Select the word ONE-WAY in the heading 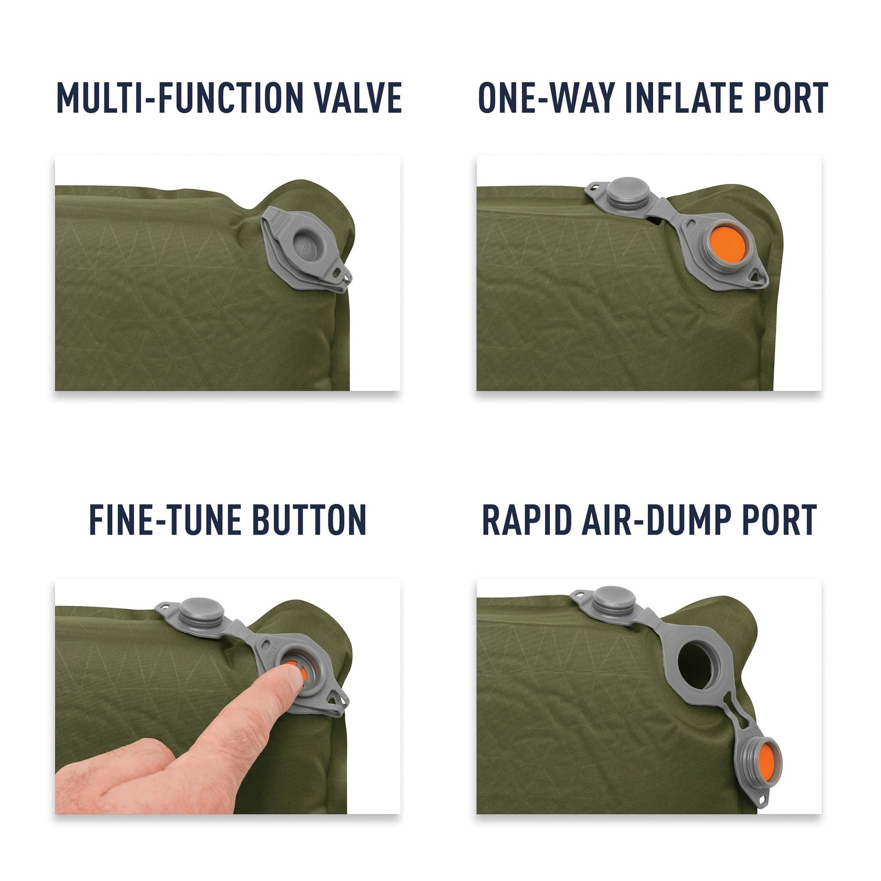pyautogui.click(x=546, y=97)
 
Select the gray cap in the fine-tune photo pyautogui.click(x=201, y=613)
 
